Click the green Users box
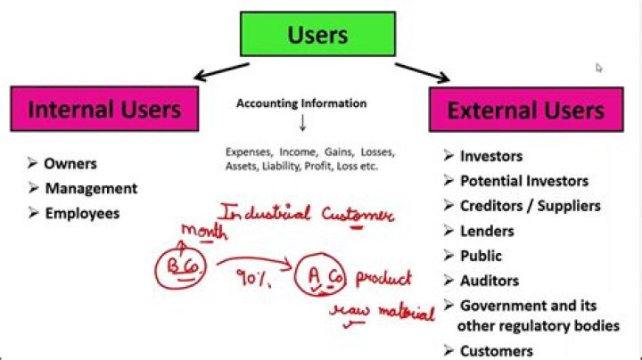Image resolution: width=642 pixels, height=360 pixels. coord(317,34)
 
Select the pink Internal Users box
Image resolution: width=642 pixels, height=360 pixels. coord(103,110)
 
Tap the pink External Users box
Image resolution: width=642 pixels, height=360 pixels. coord(524,111)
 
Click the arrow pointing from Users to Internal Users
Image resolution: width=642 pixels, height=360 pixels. coord(218,70)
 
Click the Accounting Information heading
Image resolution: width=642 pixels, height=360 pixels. coord(301,103)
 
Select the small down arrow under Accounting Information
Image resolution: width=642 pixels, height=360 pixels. coord(301,123)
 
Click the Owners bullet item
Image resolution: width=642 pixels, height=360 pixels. coord(70,163)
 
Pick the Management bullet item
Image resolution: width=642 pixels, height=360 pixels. coord(90,188)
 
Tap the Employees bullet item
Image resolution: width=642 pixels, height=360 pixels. coord(81,213)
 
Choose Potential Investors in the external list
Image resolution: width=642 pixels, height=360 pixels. coord(523,181)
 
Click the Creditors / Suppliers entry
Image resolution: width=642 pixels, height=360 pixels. coord(530,206)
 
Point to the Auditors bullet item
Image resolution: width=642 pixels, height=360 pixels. coord(489,281)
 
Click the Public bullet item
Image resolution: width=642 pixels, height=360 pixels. coord(481,256)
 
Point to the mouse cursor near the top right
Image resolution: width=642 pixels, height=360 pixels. coord(599,68)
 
